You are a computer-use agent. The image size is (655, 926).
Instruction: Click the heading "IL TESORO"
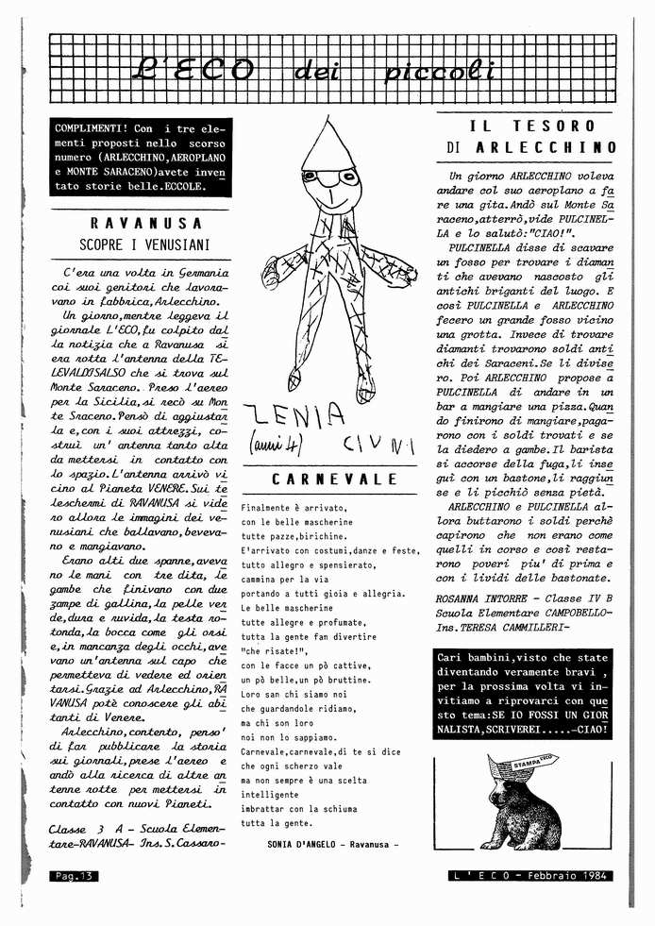532,126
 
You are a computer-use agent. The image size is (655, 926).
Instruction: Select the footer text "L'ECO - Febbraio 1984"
529,876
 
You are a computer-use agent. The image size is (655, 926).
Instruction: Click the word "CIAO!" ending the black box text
588,729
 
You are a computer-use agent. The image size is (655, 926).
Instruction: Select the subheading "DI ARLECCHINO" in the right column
532,148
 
